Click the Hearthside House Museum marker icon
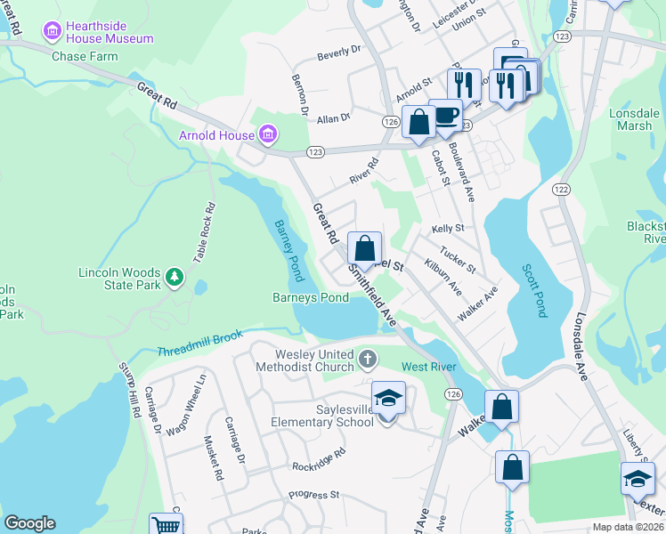coord(52,32)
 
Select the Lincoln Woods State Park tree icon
coord(175,279)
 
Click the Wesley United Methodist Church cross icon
coord(367,360)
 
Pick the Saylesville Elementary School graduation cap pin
coord(388,399)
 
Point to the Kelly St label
coord(448,229)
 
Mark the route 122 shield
coord(561,189)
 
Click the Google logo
coord(29,523)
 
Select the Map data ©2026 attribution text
coord(628,527)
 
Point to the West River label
coord(429,367)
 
